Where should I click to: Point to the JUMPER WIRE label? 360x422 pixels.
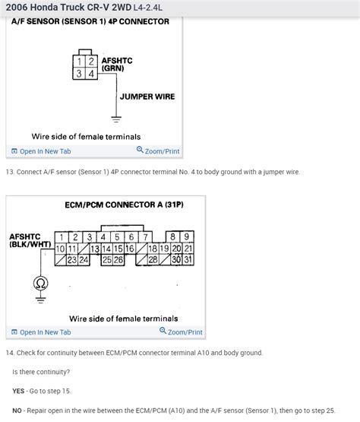coord(147,97)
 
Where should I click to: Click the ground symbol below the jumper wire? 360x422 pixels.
coord(115,119)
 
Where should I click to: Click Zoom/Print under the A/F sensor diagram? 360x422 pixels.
coord(158,151)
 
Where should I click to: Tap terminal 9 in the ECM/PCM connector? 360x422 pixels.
coord(187,236)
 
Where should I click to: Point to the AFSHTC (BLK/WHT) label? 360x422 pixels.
coord(30,240)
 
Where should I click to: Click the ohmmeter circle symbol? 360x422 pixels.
coord(40,284)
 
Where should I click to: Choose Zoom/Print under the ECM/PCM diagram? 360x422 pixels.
coord(181,332)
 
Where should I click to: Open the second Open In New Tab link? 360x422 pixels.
coord(44,332)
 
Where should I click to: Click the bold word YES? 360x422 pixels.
coord(18,390)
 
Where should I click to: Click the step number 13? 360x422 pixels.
coord(9,172)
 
